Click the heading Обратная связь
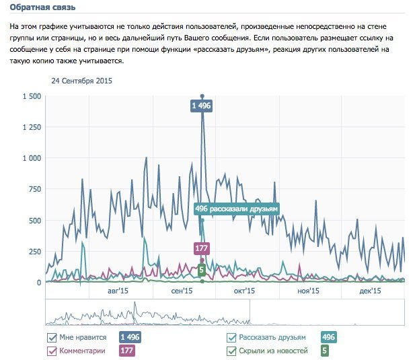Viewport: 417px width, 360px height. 42,7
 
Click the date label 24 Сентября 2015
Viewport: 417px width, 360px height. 81,81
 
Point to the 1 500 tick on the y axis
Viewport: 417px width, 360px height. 32,96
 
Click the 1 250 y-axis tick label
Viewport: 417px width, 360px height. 32,127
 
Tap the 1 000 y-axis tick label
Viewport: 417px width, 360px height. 32,158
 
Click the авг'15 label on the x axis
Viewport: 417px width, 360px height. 118,291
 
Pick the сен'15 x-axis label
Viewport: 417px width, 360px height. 182,291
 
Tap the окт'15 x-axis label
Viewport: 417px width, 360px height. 244,291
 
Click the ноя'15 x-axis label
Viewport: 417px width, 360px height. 307,291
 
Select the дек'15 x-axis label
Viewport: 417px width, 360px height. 370,291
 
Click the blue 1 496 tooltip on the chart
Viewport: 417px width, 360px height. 202,106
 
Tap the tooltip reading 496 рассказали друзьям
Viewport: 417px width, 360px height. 236,209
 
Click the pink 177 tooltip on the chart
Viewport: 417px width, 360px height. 201,248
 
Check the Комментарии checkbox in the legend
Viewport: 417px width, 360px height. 52,351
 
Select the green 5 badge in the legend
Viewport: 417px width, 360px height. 325,351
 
